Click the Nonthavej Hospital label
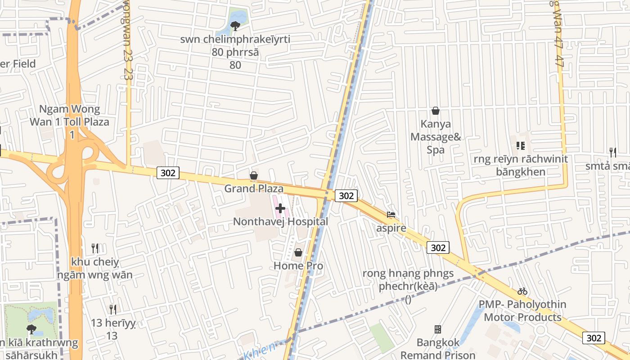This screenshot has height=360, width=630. tap(280, 221)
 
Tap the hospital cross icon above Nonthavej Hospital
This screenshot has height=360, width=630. tap(280, 208)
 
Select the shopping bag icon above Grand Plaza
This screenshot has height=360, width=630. tap(254, 175)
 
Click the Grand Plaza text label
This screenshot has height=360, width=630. tap(254, 188)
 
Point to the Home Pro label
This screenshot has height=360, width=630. tap(298, 265)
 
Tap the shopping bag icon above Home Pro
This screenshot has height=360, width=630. tap(298, 252)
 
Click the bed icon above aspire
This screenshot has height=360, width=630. tap(391, 215)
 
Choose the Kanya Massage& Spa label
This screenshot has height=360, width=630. tap(436, 136)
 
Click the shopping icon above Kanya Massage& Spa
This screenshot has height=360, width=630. tap(436, 110)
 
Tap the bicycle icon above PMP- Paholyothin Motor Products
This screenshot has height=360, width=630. tap(522, 291)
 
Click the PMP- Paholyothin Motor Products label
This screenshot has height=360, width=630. tap(522, 310)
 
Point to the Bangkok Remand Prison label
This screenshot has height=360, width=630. tap(438, 349)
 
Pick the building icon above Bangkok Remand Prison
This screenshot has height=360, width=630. tap(437, 329)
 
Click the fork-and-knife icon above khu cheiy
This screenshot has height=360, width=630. tap(95, 248)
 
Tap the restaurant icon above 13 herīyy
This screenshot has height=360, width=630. tap(113, 309)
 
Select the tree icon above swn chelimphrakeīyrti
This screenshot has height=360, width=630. tap(235, 26)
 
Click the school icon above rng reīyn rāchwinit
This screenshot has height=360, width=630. tap(521, 146)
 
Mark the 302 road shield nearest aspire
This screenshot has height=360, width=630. tap(438, 247)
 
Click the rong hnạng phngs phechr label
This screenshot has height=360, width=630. tap(408, 280)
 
